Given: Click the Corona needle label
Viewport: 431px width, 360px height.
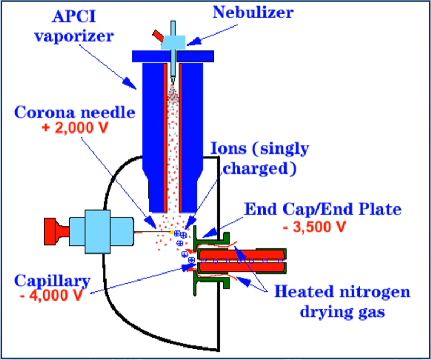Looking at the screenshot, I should [x=71, y=114].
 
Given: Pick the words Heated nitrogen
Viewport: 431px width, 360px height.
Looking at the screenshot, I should [x=342, y=292].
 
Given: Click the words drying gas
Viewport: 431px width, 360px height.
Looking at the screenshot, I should [x=342, y=312].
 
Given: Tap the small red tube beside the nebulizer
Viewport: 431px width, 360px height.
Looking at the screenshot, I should [x=158, y=36].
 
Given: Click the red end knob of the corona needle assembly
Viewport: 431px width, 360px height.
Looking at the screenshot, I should [x=54, y=233].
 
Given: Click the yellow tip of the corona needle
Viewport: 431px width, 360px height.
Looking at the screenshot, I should [x=171, y=233].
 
